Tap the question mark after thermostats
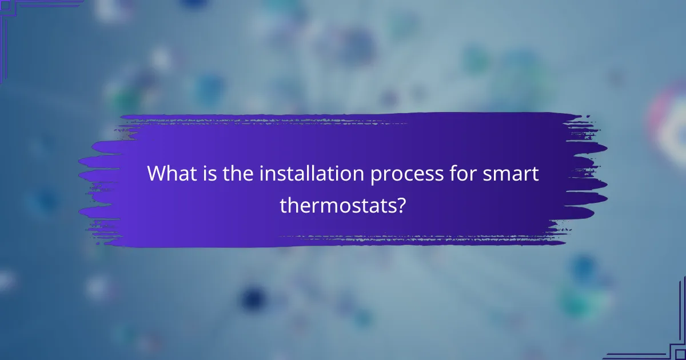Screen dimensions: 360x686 pyautogui.click(x=401, y=205)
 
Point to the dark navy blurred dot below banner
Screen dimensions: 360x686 pyautogui.click(x=252, y=298)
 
